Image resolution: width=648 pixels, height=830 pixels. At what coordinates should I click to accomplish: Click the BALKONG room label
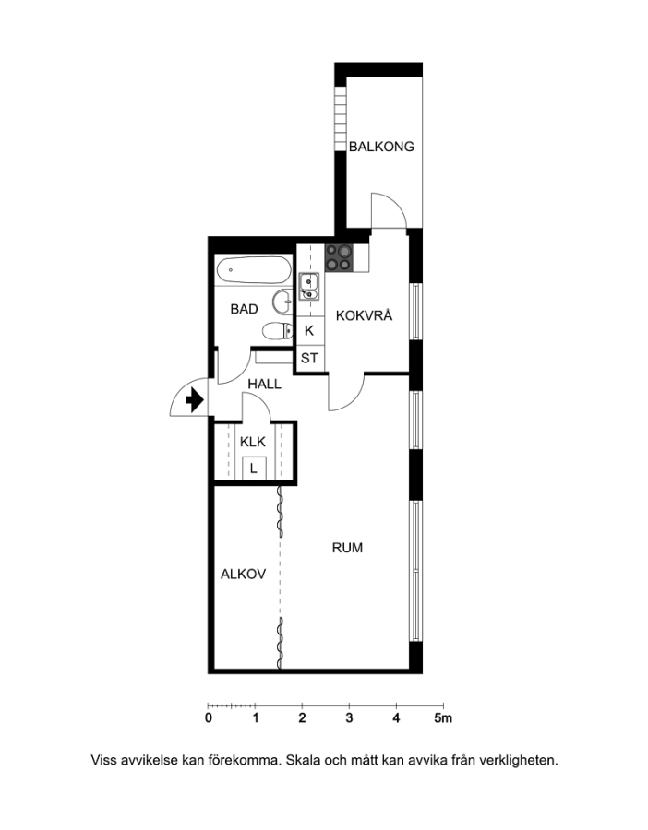coord(381,147)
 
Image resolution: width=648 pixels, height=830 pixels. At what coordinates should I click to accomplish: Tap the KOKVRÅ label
coord(364,315)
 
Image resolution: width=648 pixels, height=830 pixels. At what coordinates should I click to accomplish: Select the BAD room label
coord(244,309)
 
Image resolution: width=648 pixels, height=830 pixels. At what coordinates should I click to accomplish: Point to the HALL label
coord(264,385)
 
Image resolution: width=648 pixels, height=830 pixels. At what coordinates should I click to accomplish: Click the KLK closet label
coord(253,442)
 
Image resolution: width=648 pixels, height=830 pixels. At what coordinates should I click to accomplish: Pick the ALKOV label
coord(243,575)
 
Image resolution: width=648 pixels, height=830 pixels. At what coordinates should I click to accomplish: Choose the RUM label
coord(347,547)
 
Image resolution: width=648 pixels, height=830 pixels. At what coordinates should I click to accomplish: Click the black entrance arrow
coord(195,399)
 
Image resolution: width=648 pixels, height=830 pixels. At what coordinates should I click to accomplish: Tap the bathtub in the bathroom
coord(254,270)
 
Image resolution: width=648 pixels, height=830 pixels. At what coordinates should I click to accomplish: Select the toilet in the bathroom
coord(278,331)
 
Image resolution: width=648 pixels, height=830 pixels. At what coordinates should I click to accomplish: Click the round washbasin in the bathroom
coord(282,302)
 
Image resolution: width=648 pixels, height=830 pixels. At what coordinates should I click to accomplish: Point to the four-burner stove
coord(339,258)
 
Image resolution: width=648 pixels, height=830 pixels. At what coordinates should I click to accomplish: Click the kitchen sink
coord(308,286)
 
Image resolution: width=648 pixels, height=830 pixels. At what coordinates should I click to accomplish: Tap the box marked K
coord(309,331)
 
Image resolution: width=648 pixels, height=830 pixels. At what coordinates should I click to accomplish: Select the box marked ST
coord(309,359)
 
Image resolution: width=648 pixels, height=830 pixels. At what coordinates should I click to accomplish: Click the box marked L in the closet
coord(254,468)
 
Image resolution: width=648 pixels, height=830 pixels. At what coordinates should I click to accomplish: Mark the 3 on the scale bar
coord(349,718)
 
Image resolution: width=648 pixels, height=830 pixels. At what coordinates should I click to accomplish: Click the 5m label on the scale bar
coord(443,718)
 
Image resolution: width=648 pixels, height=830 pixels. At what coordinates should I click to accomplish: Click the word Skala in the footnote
coord(302,761)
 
